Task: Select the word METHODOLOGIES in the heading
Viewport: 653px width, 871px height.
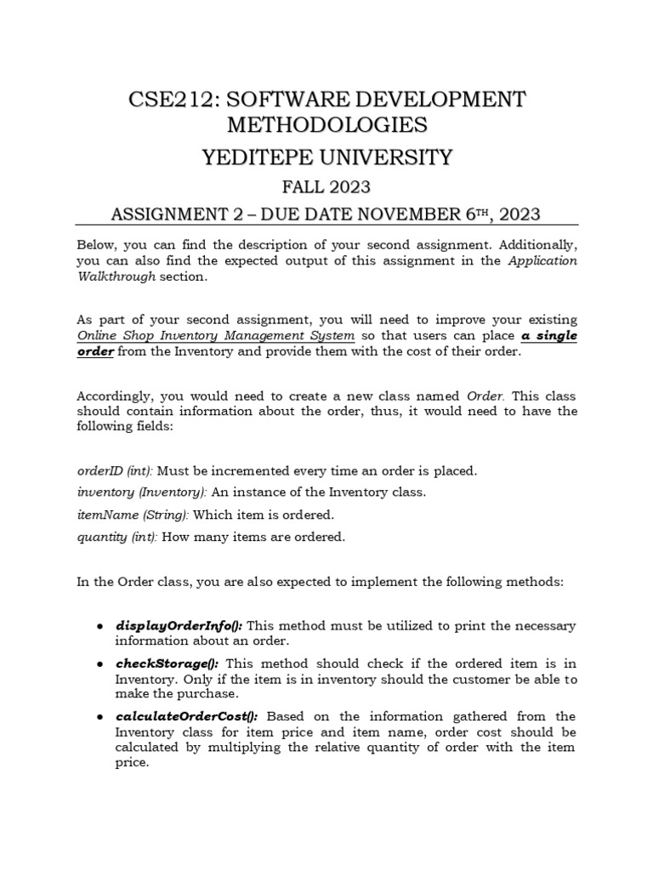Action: pos(326,125)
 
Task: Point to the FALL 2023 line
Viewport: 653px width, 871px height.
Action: pos(326,185)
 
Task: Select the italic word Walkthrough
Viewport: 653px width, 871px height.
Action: pos(116,276)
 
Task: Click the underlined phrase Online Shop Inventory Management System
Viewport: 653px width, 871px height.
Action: pos(215,336)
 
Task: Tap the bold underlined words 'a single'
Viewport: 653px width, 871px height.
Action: pos(548,336)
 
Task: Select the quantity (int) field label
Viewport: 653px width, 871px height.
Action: pos(116,537)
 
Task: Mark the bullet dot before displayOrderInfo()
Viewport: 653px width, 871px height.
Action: pos(100,626)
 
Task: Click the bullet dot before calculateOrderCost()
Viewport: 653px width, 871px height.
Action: pos(100,717)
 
